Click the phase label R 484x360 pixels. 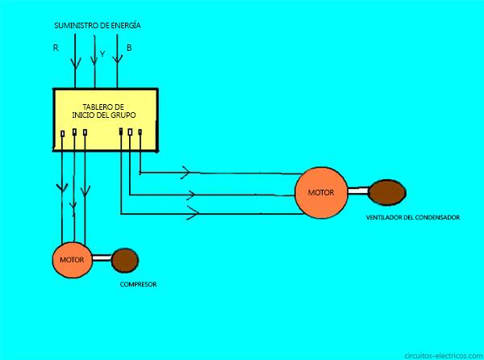coord(56,48)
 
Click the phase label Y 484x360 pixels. coord(102,54)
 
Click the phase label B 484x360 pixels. coord(129,48)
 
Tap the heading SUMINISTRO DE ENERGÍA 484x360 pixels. coord(98,26)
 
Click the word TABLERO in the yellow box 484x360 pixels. coord(94,107)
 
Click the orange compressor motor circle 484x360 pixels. coord(73,260)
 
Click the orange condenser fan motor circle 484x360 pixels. coord(321,193)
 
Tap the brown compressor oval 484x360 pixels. coord(125,261)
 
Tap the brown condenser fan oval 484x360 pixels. coord(387,192)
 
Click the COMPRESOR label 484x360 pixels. coord(138,284)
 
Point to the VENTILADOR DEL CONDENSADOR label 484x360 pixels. coord(413,217)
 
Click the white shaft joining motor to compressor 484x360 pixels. coord(102,257)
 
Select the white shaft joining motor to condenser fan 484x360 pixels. coord(358,191)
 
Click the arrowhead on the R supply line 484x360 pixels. coord(75,63)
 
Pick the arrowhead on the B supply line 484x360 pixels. coord(117,59)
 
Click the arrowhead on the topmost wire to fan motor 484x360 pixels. coord(186,172)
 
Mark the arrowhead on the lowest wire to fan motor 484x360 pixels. coord(193,213)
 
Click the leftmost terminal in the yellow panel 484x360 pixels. coord(63,134)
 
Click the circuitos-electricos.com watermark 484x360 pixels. coord(444,356)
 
